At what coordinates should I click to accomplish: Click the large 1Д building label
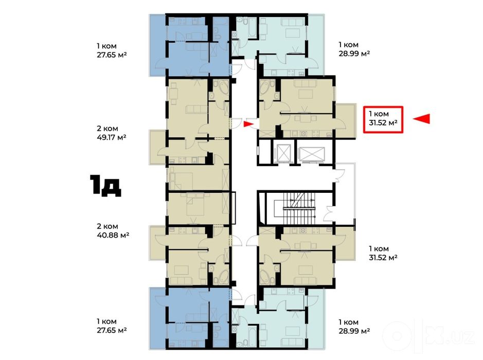click(105, 185)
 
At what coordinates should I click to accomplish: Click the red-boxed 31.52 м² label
click(383, 123)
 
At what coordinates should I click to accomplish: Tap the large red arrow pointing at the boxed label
click(421, 119)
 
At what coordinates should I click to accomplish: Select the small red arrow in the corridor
click(248, 124)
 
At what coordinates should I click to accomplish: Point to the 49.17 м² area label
click(112, 137)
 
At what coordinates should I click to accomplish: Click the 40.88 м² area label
click(113, 235)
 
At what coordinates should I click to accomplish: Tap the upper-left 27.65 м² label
click(112, 55)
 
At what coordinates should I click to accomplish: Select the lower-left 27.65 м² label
click(112, 331)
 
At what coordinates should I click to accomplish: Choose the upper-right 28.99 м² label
click(354, 53)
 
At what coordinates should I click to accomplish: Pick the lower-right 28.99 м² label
click(354, 331)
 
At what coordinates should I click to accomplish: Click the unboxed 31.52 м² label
click(383, 257)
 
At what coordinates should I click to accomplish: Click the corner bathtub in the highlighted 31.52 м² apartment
click(265, 88)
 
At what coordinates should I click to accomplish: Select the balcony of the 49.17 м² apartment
click(158, 147)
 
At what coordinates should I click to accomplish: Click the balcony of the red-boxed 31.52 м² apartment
click(345, 121)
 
